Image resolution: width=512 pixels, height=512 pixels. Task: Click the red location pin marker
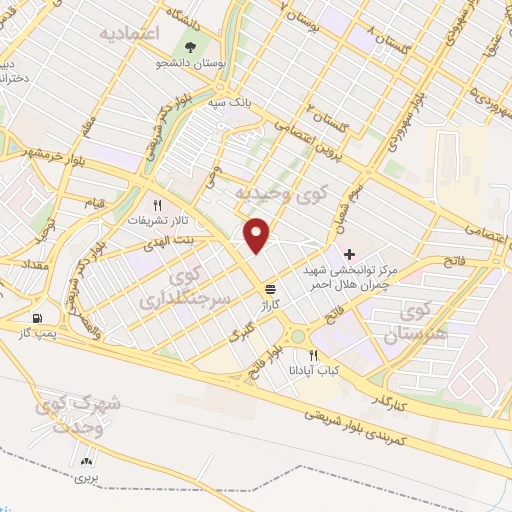coord(258,236)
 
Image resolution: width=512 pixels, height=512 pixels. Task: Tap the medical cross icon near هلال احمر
coord(348,254)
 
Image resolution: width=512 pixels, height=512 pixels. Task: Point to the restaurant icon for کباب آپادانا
coord(314,355)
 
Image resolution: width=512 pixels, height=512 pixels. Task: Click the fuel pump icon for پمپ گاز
coord(38,319)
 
